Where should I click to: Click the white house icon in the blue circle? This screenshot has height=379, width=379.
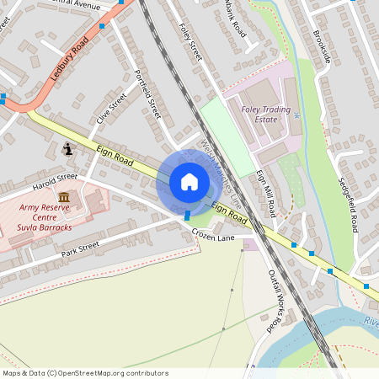coord(189,182)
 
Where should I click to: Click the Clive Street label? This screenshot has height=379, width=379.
coord(111,109)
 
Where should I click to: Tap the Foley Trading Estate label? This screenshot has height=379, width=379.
coord(265,114)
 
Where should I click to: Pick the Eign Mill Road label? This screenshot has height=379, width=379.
coord(266,193)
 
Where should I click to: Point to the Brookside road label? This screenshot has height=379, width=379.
coord(322,47)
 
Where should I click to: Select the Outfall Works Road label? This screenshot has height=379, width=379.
coord(274,300)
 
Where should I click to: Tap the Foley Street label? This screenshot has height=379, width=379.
coord(191,40)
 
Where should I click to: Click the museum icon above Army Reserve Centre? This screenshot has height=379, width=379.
coord(64,196)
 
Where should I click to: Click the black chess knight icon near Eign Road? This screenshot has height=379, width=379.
coord(68,149)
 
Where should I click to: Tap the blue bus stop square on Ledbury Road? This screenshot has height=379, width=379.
coord(102,26)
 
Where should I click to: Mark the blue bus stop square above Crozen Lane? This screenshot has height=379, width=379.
coord(187,216)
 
